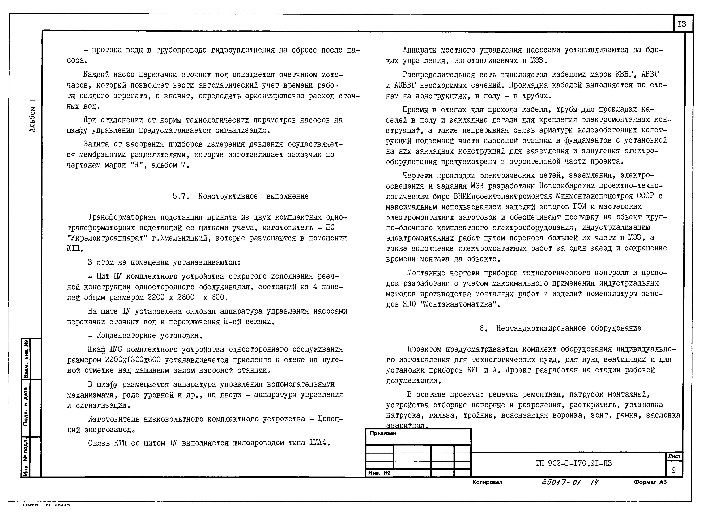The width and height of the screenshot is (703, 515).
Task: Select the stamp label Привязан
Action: pos(383,433)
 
